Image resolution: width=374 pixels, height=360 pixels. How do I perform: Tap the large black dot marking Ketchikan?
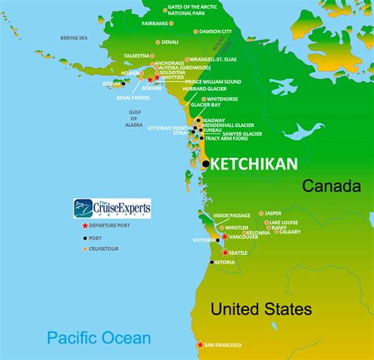coord(205,163)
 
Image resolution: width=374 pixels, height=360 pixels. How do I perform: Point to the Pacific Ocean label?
coord(98,339)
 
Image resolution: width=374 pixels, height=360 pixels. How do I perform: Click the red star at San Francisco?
coord(200,345)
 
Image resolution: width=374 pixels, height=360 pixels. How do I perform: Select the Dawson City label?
coord(216,32)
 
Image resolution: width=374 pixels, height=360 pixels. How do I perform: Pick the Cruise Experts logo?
coord(112,208)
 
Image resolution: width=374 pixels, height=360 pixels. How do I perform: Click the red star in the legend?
coord(84,227)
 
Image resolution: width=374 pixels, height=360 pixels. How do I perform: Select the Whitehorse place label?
coord(222,99)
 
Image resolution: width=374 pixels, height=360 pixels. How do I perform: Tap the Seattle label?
coord(237,253)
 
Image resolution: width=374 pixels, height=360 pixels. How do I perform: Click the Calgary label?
coord(290,231)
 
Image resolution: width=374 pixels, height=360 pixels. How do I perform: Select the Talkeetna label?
coord(137,56)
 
